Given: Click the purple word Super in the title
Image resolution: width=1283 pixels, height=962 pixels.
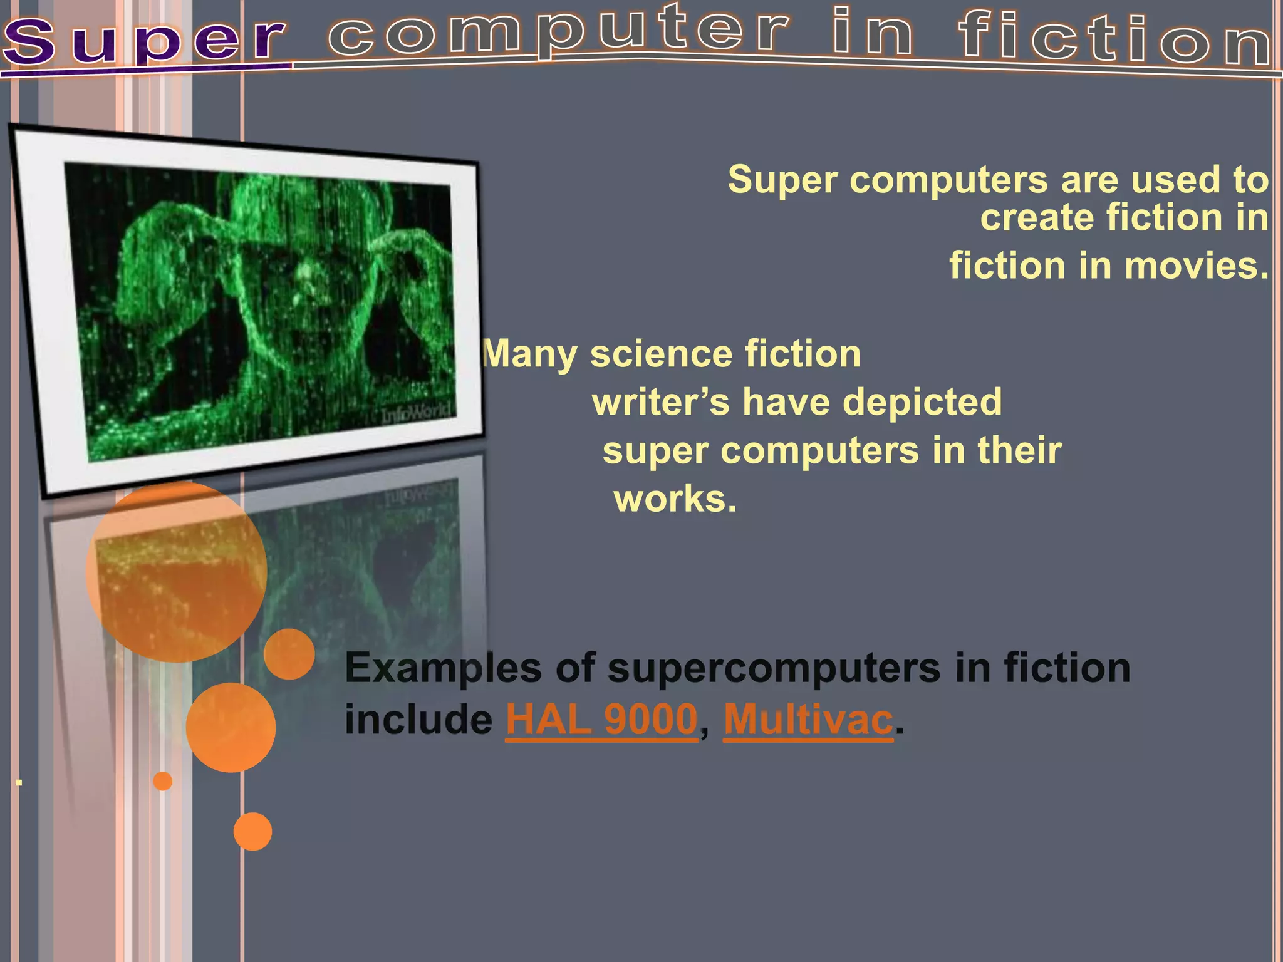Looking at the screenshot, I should [x=144, y=41].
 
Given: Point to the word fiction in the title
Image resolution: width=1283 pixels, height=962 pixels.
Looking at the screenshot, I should [x=1115, y=38].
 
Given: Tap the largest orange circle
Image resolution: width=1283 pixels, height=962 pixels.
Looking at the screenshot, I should [x=177, y=571].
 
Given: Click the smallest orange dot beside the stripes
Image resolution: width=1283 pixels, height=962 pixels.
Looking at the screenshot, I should [x=163, y=781].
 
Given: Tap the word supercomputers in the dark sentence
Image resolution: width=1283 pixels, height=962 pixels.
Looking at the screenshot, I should [x=774, y=669].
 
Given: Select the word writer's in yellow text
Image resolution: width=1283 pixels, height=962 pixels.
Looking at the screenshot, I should [x=661, y=402].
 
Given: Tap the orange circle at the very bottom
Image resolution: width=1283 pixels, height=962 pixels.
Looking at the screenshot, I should [x=252, y=831].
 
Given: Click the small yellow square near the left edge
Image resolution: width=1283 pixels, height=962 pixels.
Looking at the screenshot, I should [x=19, y=782].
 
